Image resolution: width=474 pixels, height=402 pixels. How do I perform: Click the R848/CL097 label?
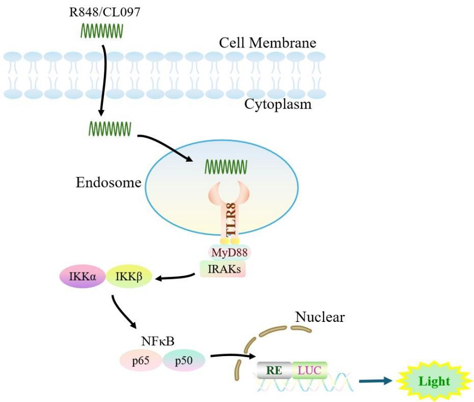[104, 12]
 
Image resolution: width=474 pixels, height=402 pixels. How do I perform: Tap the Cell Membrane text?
[267, 42]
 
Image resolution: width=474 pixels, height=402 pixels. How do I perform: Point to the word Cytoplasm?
[277, 105]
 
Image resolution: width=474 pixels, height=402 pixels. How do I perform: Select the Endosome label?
[108, 182]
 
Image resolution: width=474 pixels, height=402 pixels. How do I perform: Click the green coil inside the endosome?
[226, 166]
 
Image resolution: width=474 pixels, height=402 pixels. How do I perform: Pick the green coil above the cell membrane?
[102, 32]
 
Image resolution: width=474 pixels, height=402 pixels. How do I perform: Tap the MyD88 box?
[229, 252]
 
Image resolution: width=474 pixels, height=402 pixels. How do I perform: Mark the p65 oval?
[141, 360]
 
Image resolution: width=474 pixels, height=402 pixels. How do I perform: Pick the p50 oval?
[184, 360]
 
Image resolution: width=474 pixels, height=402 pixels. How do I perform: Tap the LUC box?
[310, 370]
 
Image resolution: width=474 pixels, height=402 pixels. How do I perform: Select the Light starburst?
[434, 381]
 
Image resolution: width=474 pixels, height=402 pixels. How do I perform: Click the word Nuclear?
[320, 317]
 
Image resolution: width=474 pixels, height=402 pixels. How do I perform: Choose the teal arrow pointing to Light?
[376, 381]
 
